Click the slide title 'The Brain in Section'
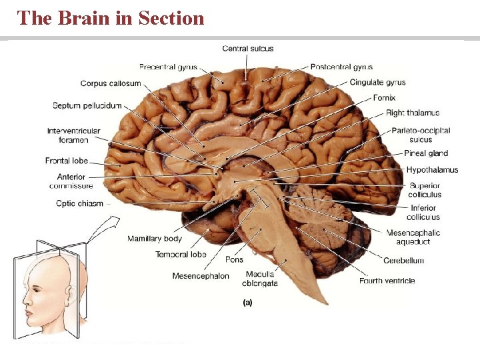coord(111,18)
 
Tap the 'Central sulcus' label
coord(247,49)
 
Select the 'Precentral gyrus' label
coord(167,67)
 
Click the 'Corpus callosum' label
coord(111,83)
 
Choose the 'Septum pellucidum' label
coord(87,105)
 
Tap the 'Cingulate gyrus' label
coord(377,83)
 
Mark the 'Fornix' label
coord(384,98)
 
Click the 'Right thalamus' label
coord(413,113)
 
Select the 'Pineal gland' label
coord(426,153)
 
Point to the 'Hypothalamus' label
coord(432,170)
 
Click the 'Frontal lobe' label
coord(67,161)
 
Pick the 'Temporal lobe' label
coord(181,255)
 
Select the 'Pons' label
coord(234,259)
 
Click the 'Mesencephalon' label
coord(201,276)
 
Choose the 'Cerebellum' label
coord(403,261)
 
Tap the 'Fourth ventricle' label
coord(387,281)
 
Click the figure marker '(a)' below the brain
coord(247,302)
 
